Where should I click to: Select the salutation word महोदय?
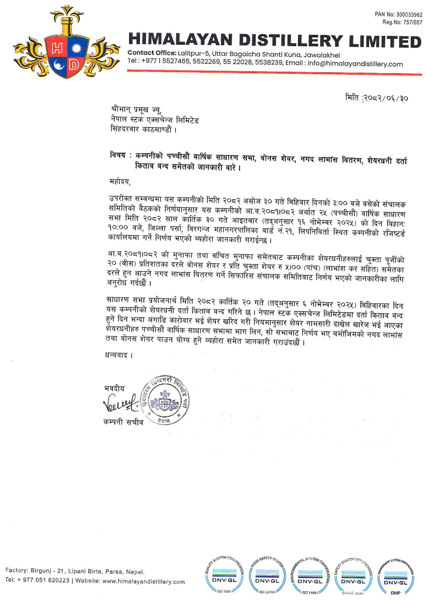pos(121,182)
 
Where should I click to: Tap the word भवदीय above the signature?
pos(114,388)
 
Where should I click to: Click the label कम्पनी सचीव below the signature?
pos(124,422)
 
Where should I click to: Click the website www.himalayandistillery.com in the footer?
pos(143,582)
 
